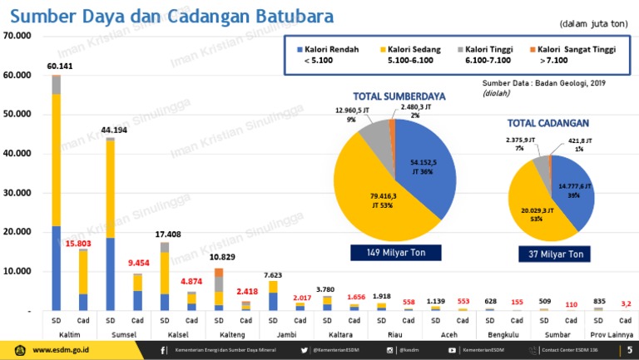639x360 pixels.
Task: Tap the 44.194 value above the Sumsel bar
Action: tap(114, 131)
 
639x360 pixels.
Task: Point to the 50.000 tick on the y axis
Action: tap(17, 114)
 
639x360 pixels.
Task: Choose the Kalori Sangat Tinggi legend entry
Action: tap(576, 55)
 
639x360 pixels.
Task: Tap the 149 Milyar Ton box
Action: tap(395, 252)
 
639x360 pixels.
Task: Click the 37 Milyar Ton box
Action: tap(550, 253)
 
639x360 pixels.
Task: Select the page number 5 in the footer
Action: tap(629, 350)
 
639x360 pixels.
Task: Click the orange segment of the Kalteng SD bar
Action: tap(219, 273)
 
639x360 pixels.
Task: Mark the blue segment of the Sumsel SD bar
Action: tap(110, 274)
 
